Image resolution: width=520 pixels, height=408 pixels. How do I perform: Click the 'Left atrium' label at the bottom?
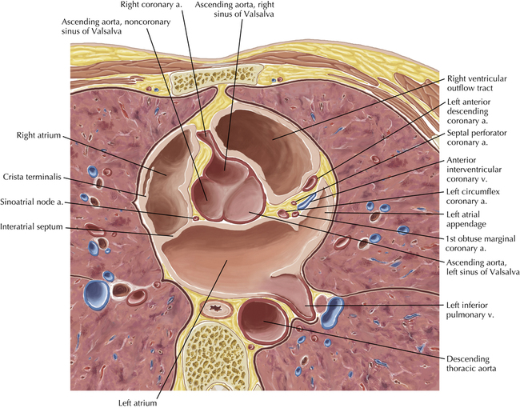click(156, 402)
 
